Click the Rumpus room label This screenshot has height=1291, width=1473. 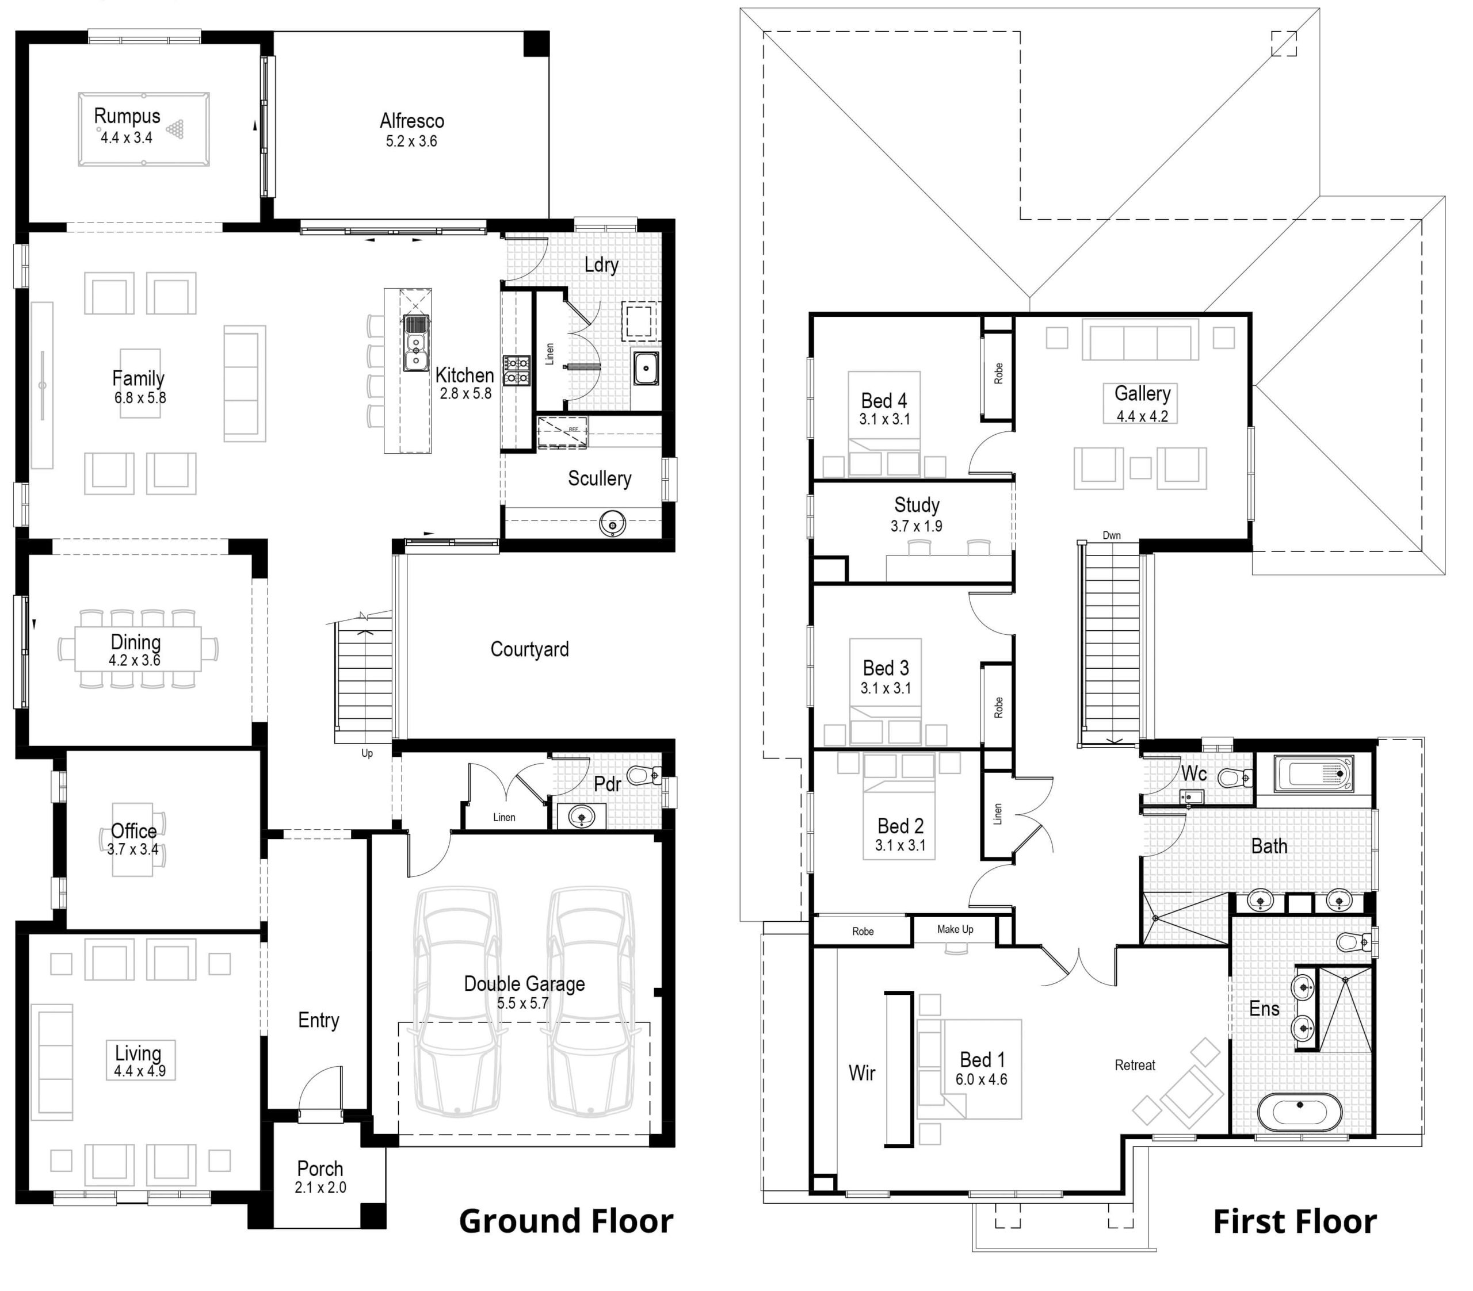point(127,116)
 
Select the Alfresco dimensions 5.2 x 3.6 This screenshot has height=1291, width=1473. point(411,141)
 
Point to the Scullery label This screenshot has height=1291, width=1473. point(599,478)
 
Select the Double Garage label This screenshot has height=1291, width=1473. point(524,983)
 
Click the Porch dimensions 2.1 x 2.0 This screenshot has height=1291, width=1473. point(320,1187)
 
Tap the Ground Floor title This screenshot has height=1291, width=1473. point(566,1221)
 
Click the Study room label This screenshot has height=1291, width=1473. point(917,504)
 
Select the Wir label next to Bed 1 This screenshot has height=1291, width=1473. point(862,1072)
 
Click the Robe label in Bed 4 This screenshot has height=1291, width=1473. point(998,373)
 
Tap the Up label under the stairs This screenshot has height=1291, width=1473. point(367,753)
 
